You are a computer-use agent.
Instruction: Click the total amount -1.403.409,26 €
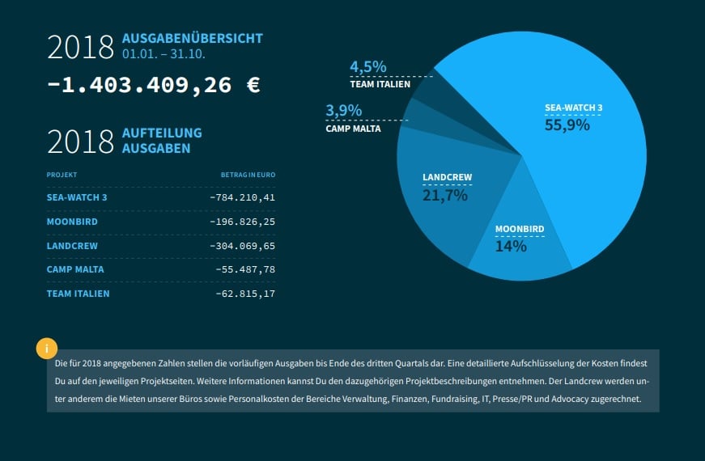click(154, 85)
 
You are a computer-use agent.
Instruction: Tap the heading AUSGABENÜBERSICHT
click(192, 38)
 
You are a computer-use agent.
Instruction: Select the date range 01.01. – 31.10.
click(164, 54)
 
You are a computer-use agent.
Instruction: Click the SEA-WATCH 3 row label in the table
click(77, 197)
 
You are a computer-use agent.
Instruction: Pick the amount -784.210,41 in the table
click(242, 197)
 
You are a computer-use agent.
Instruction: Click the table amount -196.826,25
click(242, 221)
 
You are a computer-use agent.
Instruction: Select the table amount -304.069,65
click(242, 245)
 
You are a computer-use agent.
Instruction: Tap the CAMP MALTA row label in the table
click(75, 269)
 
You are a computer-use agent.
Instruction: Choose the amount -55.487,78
click(245, 269)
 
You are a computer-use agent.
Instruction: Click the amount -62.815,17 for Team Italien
click(245, 294)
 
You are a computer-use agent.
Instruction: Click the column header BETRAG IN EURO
click(248, 175)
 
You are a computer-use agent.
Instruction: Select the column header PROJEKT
click(62, 175)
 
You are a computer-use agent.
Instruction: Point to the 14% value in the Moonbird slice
click(511, 247)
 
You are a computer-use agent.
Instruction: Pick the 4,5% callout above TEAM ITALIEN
click(367, 66)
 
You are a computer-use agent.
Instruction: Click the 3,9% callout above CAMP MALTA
click(343, 111)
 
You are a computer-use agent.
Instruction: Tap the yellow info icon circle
click(47, 349)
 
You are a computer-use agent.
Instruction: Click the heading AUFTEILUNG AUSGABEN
click(162, 141)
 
